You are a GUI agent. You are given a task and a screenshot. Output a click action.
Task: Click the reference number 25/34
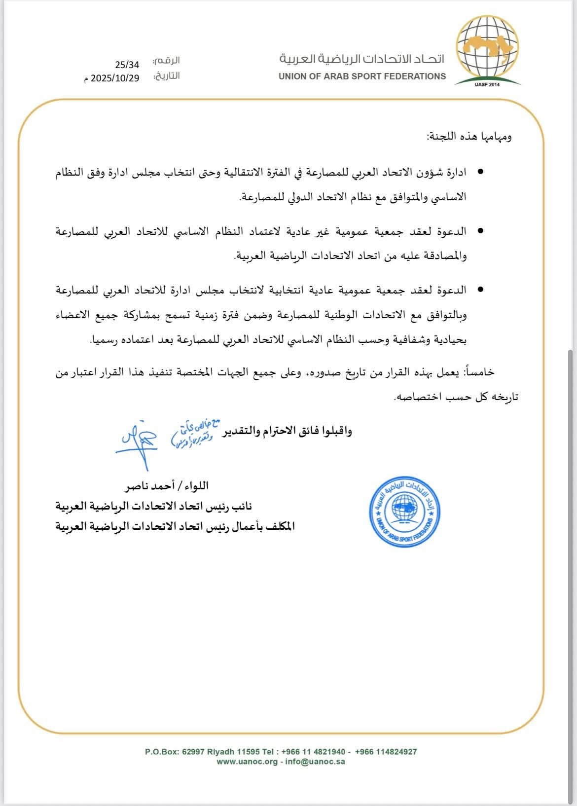[x=127, y=65]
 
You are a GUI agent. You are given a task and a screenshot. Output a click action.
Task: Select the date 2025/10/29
[x=115, y=78]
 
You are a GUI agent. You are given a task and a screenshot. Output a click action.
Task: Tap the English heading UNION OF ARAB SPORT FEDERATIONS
[x=362, y=76]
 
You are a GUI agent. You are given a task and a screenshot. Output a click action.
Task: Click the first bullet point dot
[x=480, y=173]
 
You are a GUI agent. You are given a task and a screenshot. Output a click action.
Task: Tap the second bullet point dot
[x=480, y=231]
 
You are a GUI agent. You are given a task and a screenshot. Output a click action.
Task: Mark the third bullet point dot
[x=480, y=290]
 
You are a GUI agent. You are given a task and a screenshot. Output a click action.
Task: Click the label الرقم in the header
[x=166, y=61]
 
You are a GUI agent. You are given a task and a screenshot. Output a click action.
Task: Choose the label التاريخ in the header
[x=166, y=76]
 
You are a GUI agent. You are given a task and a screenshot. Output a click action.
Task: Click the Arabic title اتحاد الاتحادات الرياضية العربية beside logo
[x=362, y=59]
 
